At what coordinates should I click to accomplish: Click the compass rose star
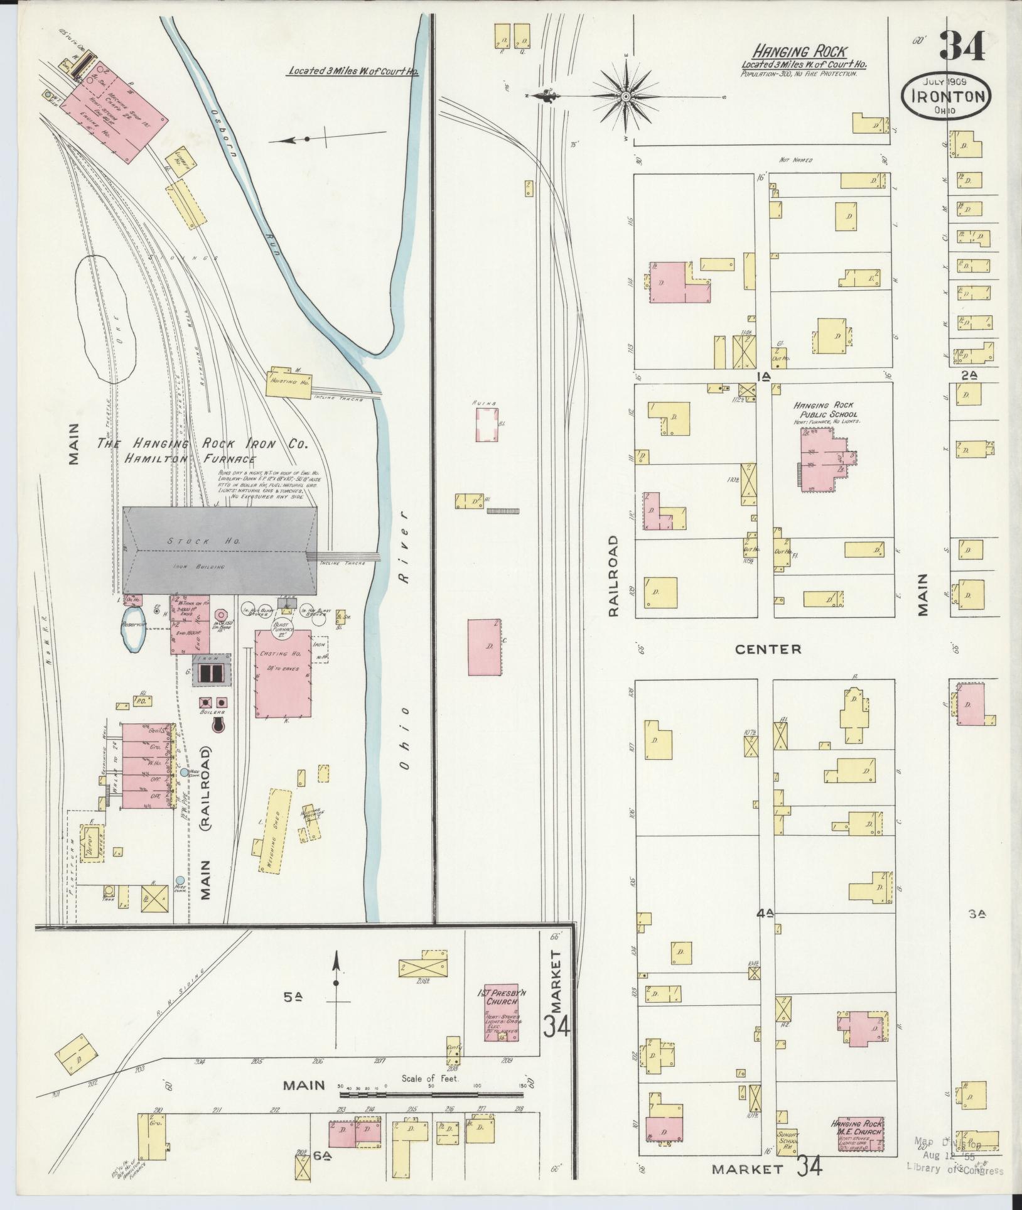625,97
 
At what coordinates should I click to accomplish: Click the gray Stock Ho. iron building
220,551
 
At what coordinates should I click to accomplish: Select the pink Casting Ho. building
283,673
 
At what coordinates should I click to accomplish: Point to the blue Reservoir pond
134,635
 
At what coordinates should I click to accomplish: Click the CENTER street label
768,649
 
